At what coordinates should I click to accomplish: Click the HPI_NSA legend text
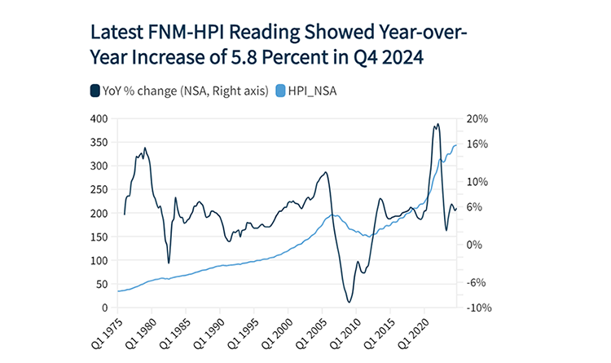coord(314,91)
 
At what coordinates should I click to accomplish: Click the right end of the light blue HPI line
coord(455,145)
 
